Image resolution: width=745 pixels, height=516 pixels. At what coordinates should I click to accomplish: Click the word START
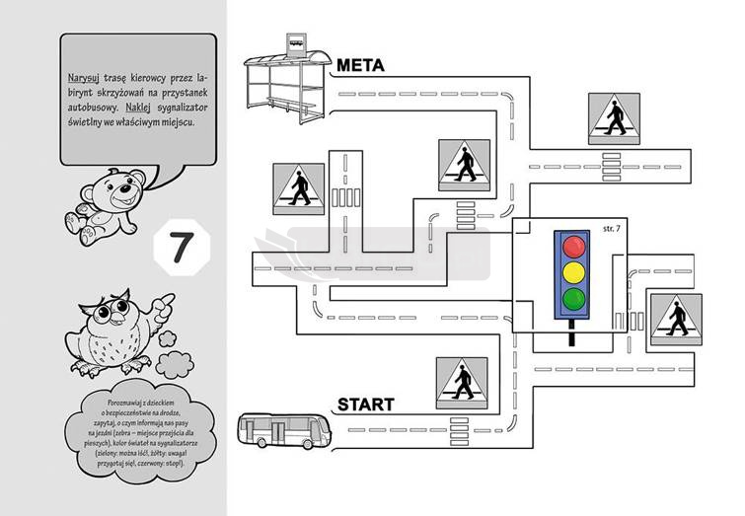(365, 405)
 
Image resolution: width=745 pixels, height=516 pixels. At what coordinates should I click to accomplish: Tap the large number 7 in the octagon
(180, 248)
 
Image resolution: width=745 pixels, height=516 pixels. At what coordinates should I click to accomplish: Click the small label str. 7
(612, 229)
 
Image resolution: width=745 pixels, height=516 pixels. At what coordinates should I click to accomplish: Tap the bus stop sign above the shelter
(295, 40)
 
